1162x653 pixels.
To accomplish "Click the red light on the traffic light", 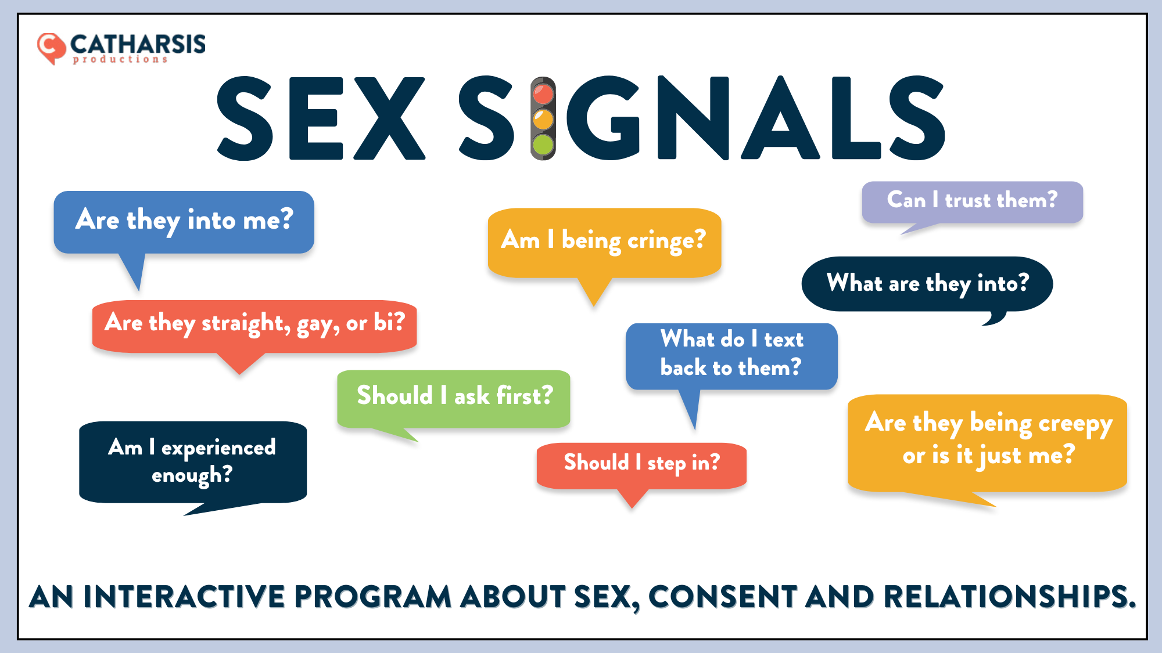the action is pyautogui.click(x=543, y=93).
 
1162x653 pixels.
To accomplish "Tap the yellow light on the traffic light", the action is pyautogui.click(x=543, y=120).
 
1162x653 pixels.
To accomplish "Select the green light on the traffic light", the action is pyautogui.click(x=543, y=145).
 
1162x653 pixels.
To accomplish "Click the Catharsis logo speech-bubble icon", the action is pyautogui.click(x=51, y=48).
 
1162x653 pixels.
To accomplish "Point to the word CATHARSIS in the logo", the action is pyautogui.click(x=138, y=44).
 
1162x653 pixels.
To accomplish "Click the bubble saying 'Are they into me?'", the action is pyautogui.click(x=184, y=222).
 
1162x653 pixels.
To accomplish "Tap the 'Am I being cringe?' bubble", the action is pyautogui.click(x=604, y=243).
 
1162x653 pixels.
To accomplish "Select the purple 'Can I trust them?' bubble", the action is pyautogui.click(x=972, y=202).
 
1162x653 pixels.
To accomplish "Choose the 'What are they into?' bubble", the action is pyautogui.click(x=927, y=284).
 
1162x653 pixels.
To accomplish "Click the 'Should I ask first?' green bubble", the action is pyautogui.click(x=453, y=399).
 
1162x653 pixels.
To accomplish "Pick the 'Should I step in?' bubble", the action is pyautogui.click(x=641, y=466).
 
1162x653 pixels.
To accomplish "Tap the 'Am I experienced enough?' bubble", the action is pyautogui.click(x=193, y=462).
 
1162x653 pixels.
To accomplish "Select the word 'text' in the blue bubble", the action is pyautogui.click(x=784, y=340).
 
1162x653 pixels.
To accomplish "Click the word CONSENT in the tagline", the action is pyautogui.click(x=722, y=597).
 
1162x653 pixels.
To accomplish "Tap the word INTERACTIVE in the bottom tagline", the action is pyautogui.click(x=184, y=597).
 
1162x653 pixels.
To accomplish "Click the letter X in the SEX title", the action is pyautogui.click(x=389, y=118).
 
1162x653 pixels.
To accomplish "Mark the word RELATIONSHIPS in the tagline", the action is pyautogui.click(x=1009, y=597).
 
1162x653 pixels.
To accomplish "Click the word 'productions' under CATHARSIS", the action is pyautogui.click(x=120, y=59).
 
